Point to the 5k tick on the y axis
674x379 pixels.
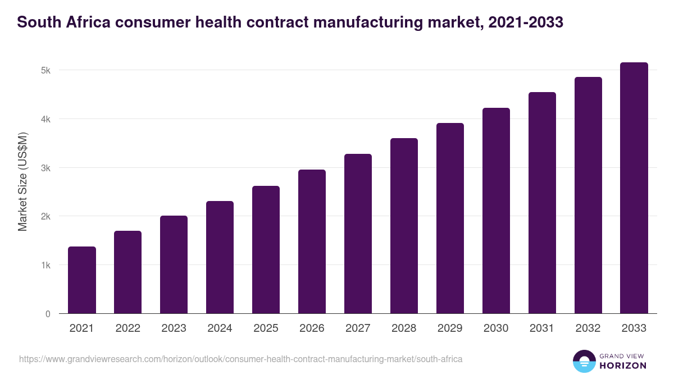45,71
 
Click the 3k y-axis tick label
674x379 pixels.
45,168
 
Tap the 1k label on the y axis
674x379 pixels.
45,265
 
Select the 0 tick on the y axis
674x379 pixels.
48,314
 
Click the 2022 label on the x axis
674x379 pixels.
128,328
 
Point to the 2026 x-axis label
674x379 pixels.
312,328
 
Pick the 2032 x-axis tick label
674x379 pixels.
588,328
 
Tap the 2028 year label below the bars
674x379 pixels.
404,328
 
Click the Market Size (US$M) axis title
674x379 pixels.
22,182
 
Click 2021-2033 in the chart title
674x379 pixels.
526,22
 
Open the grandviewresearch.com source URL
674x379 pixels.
241,359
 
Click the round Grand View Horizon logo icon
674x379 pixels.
584,361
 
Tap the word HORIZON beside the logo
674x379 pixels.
622,366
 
